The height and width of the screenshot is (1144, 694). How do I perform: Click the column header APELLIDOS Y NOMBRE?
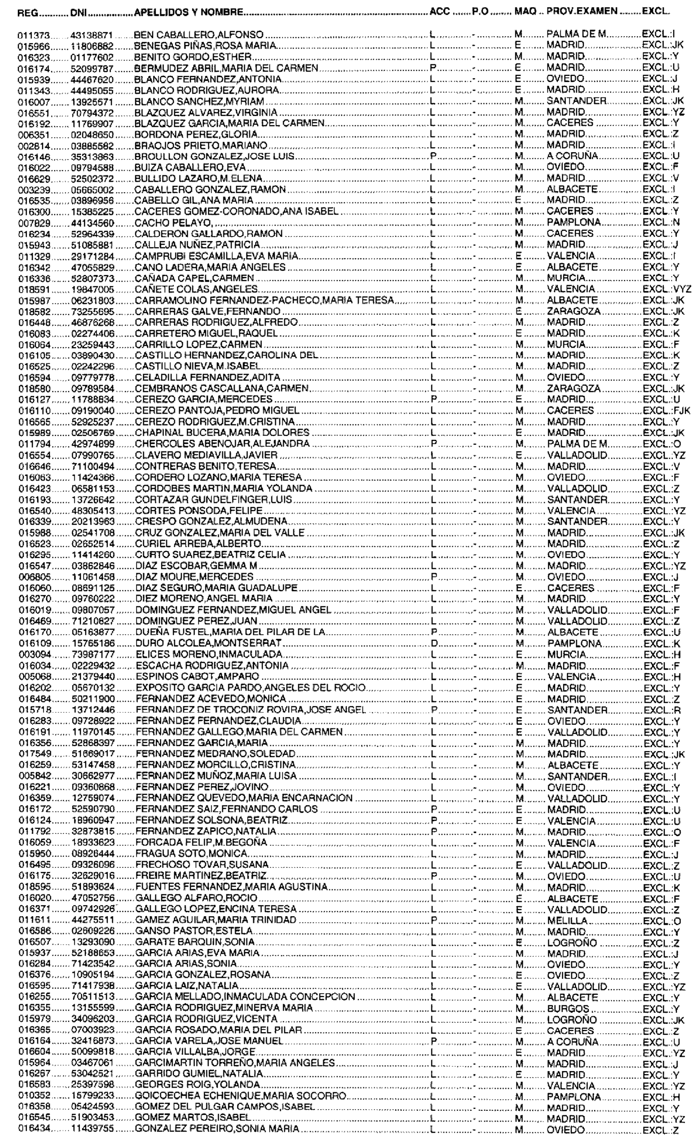[188, 13]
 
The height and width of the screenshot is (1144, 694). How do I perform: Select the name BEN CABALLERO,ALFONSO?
[198, 34]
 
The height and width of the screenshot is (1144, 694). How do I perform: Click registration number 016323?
[30, 57]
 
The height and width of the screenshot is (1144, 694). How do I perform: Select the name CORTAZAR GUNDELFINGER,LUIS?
[213, 500]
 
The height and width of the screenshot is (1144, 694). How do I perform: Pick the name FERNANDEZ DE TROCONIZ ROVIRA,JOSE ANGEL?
[251, 710]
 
